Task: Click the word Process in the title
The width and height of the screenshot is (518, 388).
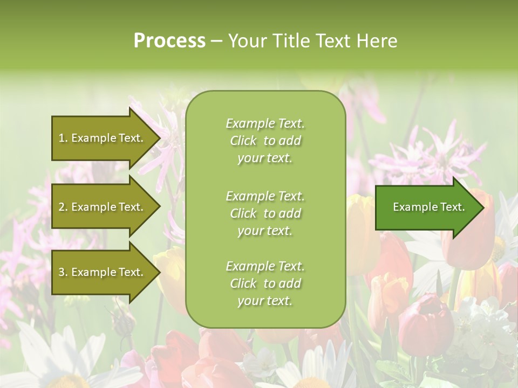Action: [169, 41]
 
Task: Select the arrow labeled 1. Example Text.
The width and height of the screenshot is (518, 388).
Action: [103, 138]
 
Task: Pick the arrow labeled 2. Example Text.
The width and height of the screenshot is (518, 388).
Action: [103, 207]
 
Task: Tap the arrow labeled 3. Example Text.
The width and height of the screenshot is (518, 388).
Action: [103, 272]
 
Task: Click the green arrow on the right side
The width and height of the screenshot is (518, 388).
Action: [426, 207]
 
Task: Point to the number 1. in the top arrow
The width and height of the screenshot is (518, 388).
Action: [63, 138]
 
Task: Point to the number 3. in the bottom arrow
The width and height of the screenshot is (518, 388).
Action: [63, 272]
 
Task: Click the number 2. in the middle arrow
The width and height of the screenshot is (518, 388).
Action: [63, 207]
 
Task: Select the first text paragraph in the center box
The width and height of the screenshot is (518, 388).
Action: [265, 141]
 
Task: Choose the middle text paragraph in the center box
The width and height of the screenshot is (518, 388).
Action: [265, 213]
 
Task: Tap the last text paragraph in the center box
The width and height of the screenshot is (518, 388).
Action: [265, 283]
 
